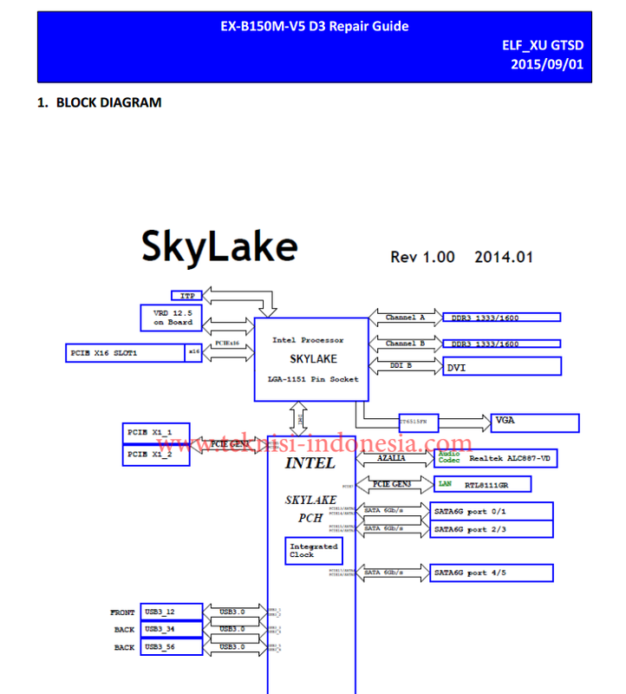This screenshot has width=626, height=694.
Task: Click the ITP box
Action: click(x=186, y=297)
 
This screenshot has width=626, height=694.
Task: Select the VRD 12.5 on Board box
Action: click(x=173, y=318)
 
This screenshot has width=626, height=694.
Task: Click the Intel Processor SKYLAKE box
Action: click(x=307, y=359)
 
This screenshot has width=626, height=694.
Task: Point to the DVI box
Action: click(x=501, y=367)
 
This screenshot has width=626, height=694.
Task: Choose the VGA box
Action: click(x=534, y=422)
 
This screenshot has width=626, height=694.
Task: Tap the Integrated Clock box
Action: click(x=313, y=551)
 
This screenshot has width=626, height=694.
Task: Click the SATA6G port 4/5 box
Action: click(x=491, y=573)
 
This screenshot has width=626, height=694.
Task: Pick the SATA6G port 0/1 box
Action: click(x=491, y=511)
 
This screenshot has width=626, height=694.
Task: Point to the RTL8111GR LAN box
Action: click(x=481, y=484)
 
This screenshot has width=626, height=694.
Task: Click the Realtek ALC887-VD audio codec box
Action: click(x=495, y=458)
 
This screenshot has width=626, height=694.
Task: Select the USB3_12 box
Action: click(x=171, y=612)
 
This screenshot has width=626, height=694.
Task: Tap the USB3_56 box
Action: click(x=171, y=647)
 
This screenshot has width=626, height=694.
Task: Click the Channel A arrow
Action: click(x=405, y=318)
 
